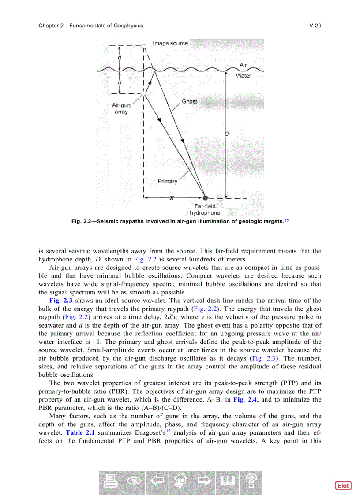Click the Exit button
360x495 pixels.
(343, 485)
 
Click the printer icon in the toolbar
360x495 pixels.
(111, 482)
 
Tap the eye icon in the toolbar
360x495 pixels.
(134, 482)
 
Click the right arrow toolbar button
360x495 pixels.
(204, 482)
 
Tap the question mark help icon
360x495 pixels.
(251, 482)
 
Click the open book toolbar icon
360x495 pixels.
(228, 482)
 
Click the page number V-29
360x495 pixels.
(315, 26)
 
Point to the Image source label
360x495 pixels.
(170, 43)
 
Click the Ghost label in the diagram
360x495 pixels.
(189, 101)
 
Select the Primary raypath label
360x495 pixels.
(167, 181)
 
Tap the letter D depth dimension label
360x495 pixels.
(225, 134)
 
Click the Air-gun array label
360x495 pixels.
(121, 108)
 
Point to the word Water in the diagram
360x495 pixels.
(243, 76)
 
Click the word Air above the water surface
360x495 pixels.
(243, 65)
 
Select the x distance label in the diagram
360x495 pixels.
(172, 197)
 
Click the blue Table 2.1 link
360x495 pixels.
(80, 432)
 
